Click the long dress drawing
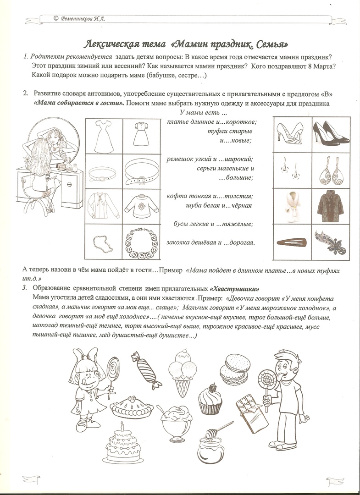point(104,136)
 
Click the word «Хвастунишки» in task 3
point(234,289)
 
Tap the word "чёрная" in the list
point(241,206)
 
